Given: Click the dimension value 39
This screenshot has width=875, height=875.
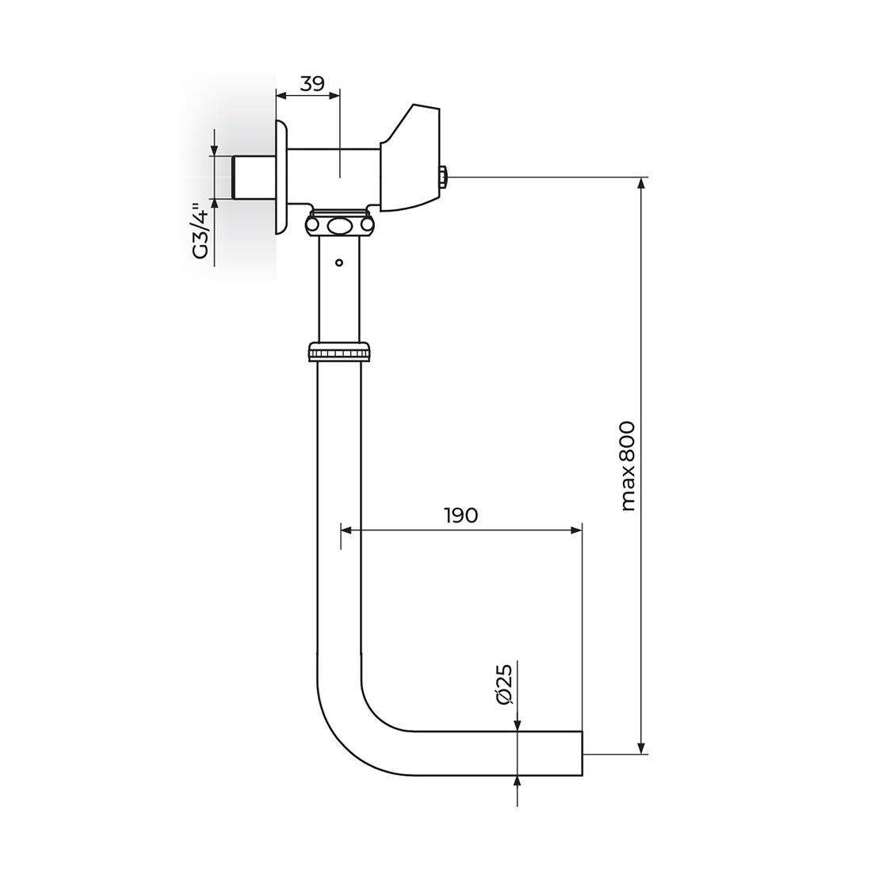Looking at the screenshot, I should pos(313,83).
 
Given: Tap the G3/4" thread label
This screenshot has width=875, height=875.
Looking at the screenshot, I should pos(201,231).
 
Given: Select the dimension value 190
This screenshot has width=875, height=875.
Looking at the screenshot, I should pos(460,515).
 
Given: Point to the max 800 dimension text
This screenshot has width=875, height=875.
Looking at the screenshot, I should pos(629,465).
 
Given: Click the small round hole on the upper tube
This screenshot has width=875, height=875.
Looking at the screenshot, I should pos(338,262).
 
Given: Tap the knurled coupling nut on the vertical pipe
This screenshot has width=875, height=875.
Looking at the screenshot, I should pos(338,351).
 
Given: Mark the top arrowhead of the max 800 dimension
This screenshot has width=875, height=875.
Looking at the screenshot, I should pos(641,183).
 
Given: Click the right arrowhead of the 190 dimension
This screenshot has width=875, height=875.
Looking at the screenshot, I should pos(576,530).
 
